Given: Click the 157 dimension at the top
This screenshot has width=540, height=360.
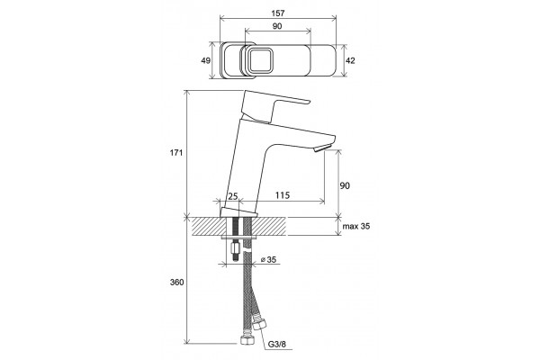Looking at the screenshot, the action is point(278,13).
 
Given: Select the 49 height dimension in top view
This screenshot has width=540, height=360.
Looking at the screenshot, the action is point(205,60).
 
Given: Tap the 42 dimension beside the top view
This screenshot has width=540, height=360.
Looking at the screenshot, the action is point(350,60).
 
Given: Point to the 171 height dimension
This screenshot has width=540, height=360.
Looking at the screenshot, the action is point(176,153).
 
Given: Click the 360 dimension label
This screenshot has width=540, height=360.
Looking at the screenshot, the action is point(176,282).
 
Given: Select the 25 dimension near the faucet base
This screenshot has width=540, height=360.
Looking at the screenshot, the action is point(233,196).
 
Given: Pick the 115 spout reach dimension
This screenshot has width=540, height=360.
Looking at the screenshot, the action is point(283,195).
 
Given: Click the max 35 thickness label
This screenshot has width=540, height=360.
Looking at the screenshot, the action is point(356,226).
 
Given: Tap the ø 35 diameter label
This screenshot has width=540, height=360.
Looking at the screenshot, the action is point(268,260).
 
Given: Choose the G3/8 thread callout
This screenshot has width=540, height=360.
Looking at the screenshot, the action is point(277,344).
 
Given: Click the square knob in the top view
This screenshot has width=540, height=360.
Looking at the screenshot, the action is point(261,60).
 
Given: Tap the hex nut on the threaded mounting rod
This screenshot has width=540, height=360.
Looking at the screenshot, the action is point(236,247).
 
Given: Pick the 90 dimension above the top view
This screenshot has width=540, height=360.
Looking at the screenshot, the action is point(277,26).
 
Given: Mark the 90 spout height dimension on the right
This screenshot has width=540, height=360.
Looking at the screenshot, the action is point(345,185).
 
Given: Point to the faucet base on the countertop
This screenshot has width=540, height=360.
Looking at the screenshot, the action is point(238,213).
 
